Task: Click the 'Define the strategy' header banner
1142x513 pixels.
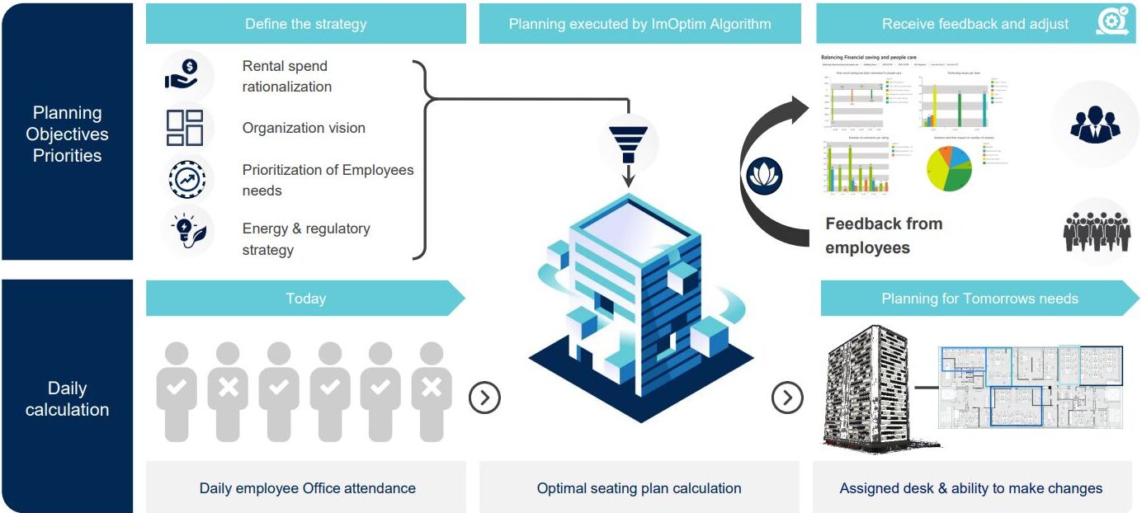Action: click(x=305, y=24)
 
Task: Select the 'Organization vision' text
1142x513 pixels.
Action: click(x=304, y=128)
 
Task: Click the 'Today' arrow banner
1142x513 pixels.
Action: click(x=305, y=299)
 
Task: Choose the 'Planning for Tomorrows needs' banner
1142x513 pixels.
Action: click(x=979, y=299)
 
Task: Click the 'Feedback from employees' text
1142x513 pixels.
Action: click(x=884, y=235)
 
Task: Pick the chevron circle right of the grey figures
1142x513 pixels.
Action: click(x=484, y=398)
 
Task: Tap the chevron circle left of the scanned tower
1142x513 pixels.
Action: click(x=787, y=398)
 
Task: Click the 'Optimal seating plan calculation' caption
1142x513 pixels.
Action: click(x=639, y=488)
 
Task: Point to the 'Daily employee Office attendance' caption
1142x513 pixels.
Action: click(x=307, y=488)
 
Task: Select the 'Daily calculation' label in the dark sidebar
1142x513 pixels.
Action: click(x=67, y=398)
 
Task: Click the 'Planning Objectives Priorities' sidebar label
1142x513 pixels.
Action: click(x=67, y=134)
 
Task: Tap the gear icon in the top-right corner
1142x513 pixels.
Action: click(x=1111, y=22)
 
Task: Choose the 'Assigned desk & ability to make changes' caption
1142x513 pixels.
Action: click(x=970, y=488)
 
